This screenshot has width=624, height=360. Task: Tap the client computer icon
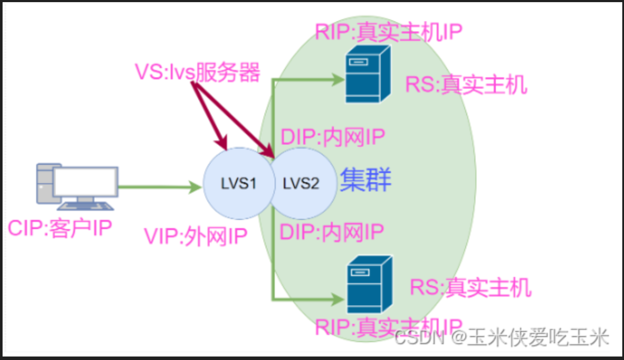tap(77, 186)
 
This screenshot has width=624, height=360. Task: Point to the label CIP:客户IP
tap(60, 228)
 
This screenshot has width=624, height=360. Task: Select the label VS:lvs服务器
tap(198, 73)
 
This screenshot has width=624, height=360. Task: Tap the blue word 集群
tap(366, 180)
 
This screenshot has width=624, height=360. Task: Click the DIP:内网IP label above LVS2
tap(333, 137)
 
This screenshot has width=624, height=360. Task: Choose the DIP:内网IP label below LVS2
tap(331, 232)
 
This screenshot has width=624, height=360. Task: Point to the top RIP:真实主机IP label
tap(389, 33)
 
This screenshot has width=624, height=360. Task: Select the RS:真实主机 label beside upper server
tap(466, 85)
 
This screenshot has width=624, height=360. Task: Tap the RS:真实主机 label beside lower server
tap(471, 288)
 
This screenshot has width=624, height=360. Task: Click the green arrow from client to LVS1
tap(159, 187)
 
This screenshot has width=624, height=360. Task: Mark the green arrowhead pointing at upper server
tap(339, 79)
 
